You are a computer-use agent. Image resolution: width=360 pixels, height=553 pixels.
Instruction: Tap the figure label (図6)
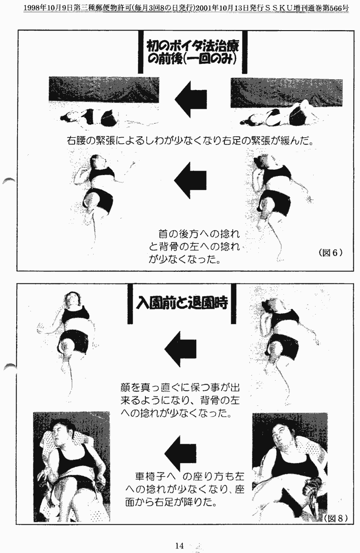pos(330,252)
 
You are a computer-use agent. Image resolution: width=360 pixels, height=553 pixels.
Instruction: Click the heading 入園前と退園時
pos(182,303)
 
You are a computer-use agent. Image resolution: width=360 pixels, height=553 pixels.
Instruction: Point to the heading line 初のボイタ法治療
pos(193,46)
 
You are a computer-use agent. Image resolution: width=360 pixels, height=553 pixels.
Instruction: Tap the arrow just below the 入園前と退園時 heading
pos(180,349)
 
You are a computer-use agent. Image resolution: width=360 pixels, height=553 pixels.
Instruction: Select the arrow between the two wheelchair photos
pos(180,454)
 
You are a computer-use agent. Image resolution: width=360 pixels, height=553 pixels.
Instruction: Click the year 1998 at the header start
pos(30,8)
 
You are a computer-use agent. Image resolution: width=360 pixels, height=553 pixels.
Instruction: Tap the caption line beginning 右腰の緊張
pos(190,141)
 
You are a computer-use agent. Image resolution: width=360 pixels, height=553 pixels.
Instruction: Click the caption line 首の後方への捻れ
pos(199,234)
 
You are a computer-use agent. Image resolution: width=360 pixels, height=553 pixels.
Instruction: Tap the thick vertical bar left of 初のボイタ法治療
pos(140,52)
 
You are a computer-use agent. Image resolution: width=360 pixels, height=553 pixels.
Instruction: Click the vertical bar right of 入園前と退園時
pos(234,304)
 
